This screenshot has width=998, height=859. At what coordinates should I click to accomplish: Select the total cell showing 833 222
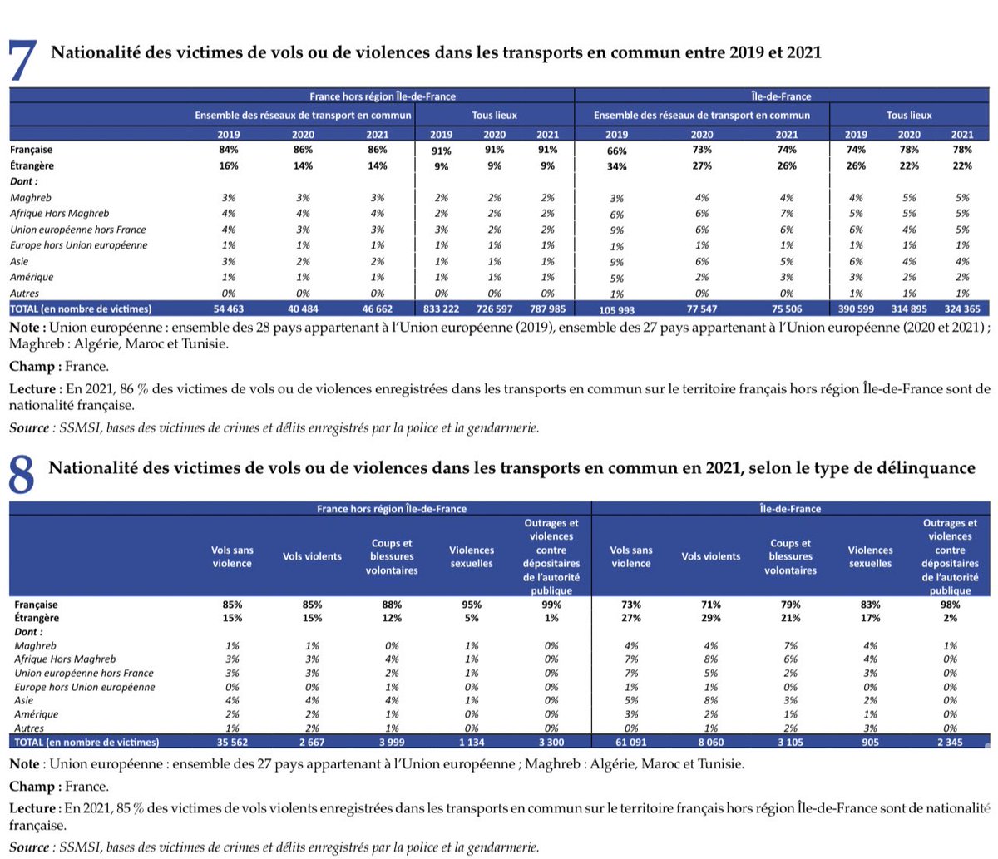pos(441,309)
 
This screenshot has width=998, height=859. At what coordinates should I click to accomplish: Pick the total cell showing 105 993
pos(616,309)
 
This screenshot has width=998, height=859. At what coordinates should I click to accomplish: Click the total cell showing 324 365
pos(962,309)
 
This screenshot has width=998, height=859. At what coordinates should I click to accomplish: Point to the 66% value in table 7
pos(616,151)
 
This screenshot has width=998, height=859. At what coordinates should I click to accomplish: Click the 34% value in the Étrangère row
pos(616,167)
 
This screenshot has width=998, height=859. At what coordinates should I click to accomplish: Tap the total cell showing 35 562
pos(232,742)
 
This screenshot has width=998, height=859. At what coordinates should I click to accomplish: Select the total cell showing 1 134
pos(471,742)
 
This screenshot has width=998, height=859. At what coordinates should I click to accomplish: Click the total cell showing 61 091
pos(630,742)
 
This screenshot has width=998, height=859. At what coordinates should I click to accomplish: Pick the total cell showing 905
pos(869,742)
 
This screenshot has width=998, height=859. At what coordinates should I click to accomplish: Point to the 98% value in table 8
pos(950,605)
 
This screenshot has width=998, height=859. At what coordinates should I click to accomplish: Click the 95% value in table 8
pos(471,605)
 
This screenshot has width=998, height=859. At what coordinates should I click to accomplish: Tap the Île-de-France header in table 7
pos(785,96)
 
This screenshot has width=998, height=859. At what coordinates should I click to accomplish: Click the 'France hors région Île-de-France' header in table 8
pos(392,508)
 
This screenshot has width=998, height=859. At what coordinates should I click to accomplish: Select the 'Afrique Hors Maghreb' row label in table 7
pos(59,214)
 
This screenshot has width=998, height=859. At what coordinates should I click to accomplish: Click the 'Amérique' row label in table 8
pos(37,714)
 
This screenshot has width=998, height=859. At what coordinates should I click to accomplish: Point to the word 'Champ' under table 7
pos(32,367)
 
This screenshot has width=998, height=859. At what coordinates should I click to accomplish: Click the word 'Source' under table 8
pos(29,847)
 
